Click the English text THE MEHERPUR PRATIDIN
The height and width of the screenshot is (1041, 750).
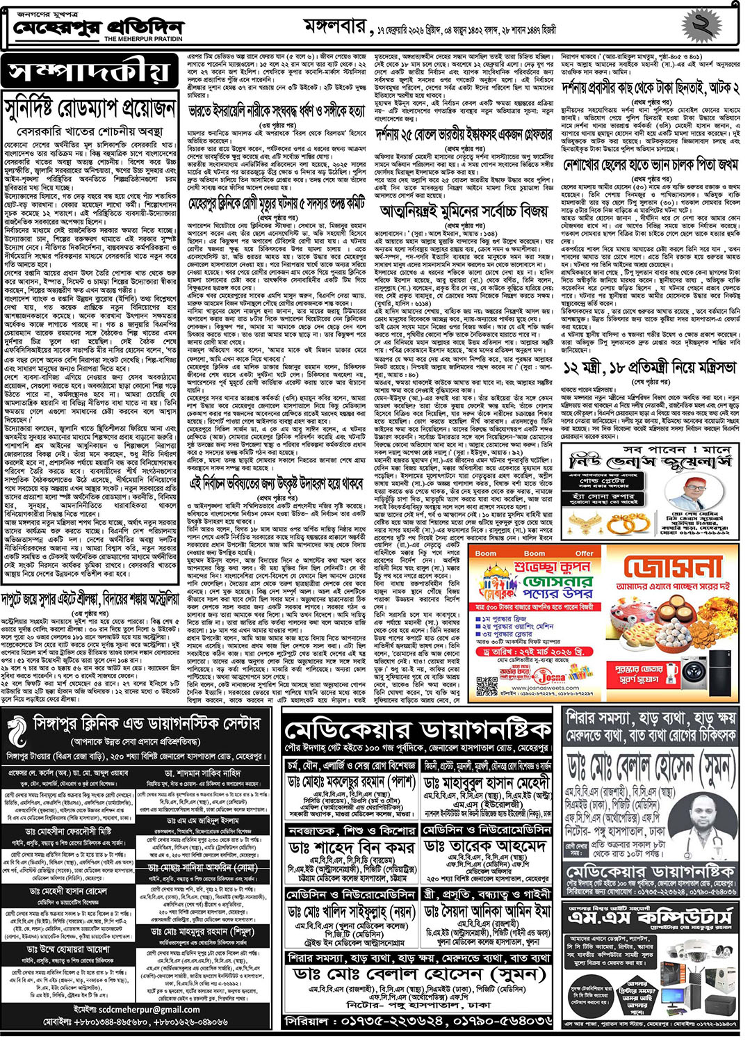(143, 39)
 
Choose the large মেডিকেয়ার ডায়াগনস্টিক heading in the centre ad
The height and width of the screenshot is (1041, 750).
(418, 731)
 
